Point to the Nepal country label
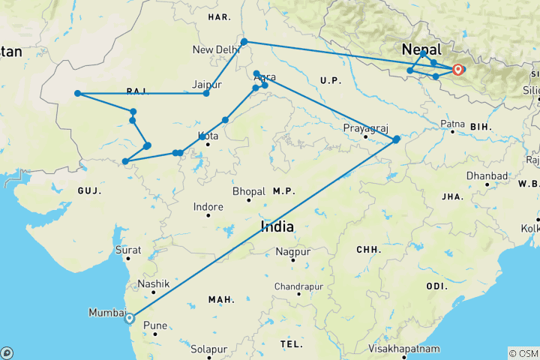click(421, 49)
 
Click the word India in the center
click(277, 226)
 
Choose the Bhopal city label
click(249, 191)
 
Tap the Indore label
click(208, 206)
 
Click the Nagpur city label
click(292, 252)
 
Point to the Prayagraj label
click(365, 127)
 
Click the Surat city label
click(128, 250)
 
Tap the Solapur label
click(209, 349)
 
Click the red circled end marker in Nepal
click(457, 70)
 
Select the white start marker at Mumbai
click(130, 318)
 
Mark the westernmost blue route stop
click(77, 94)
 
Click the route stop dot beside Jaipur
click(205, 93)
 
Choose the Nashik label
click(153, 285)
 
